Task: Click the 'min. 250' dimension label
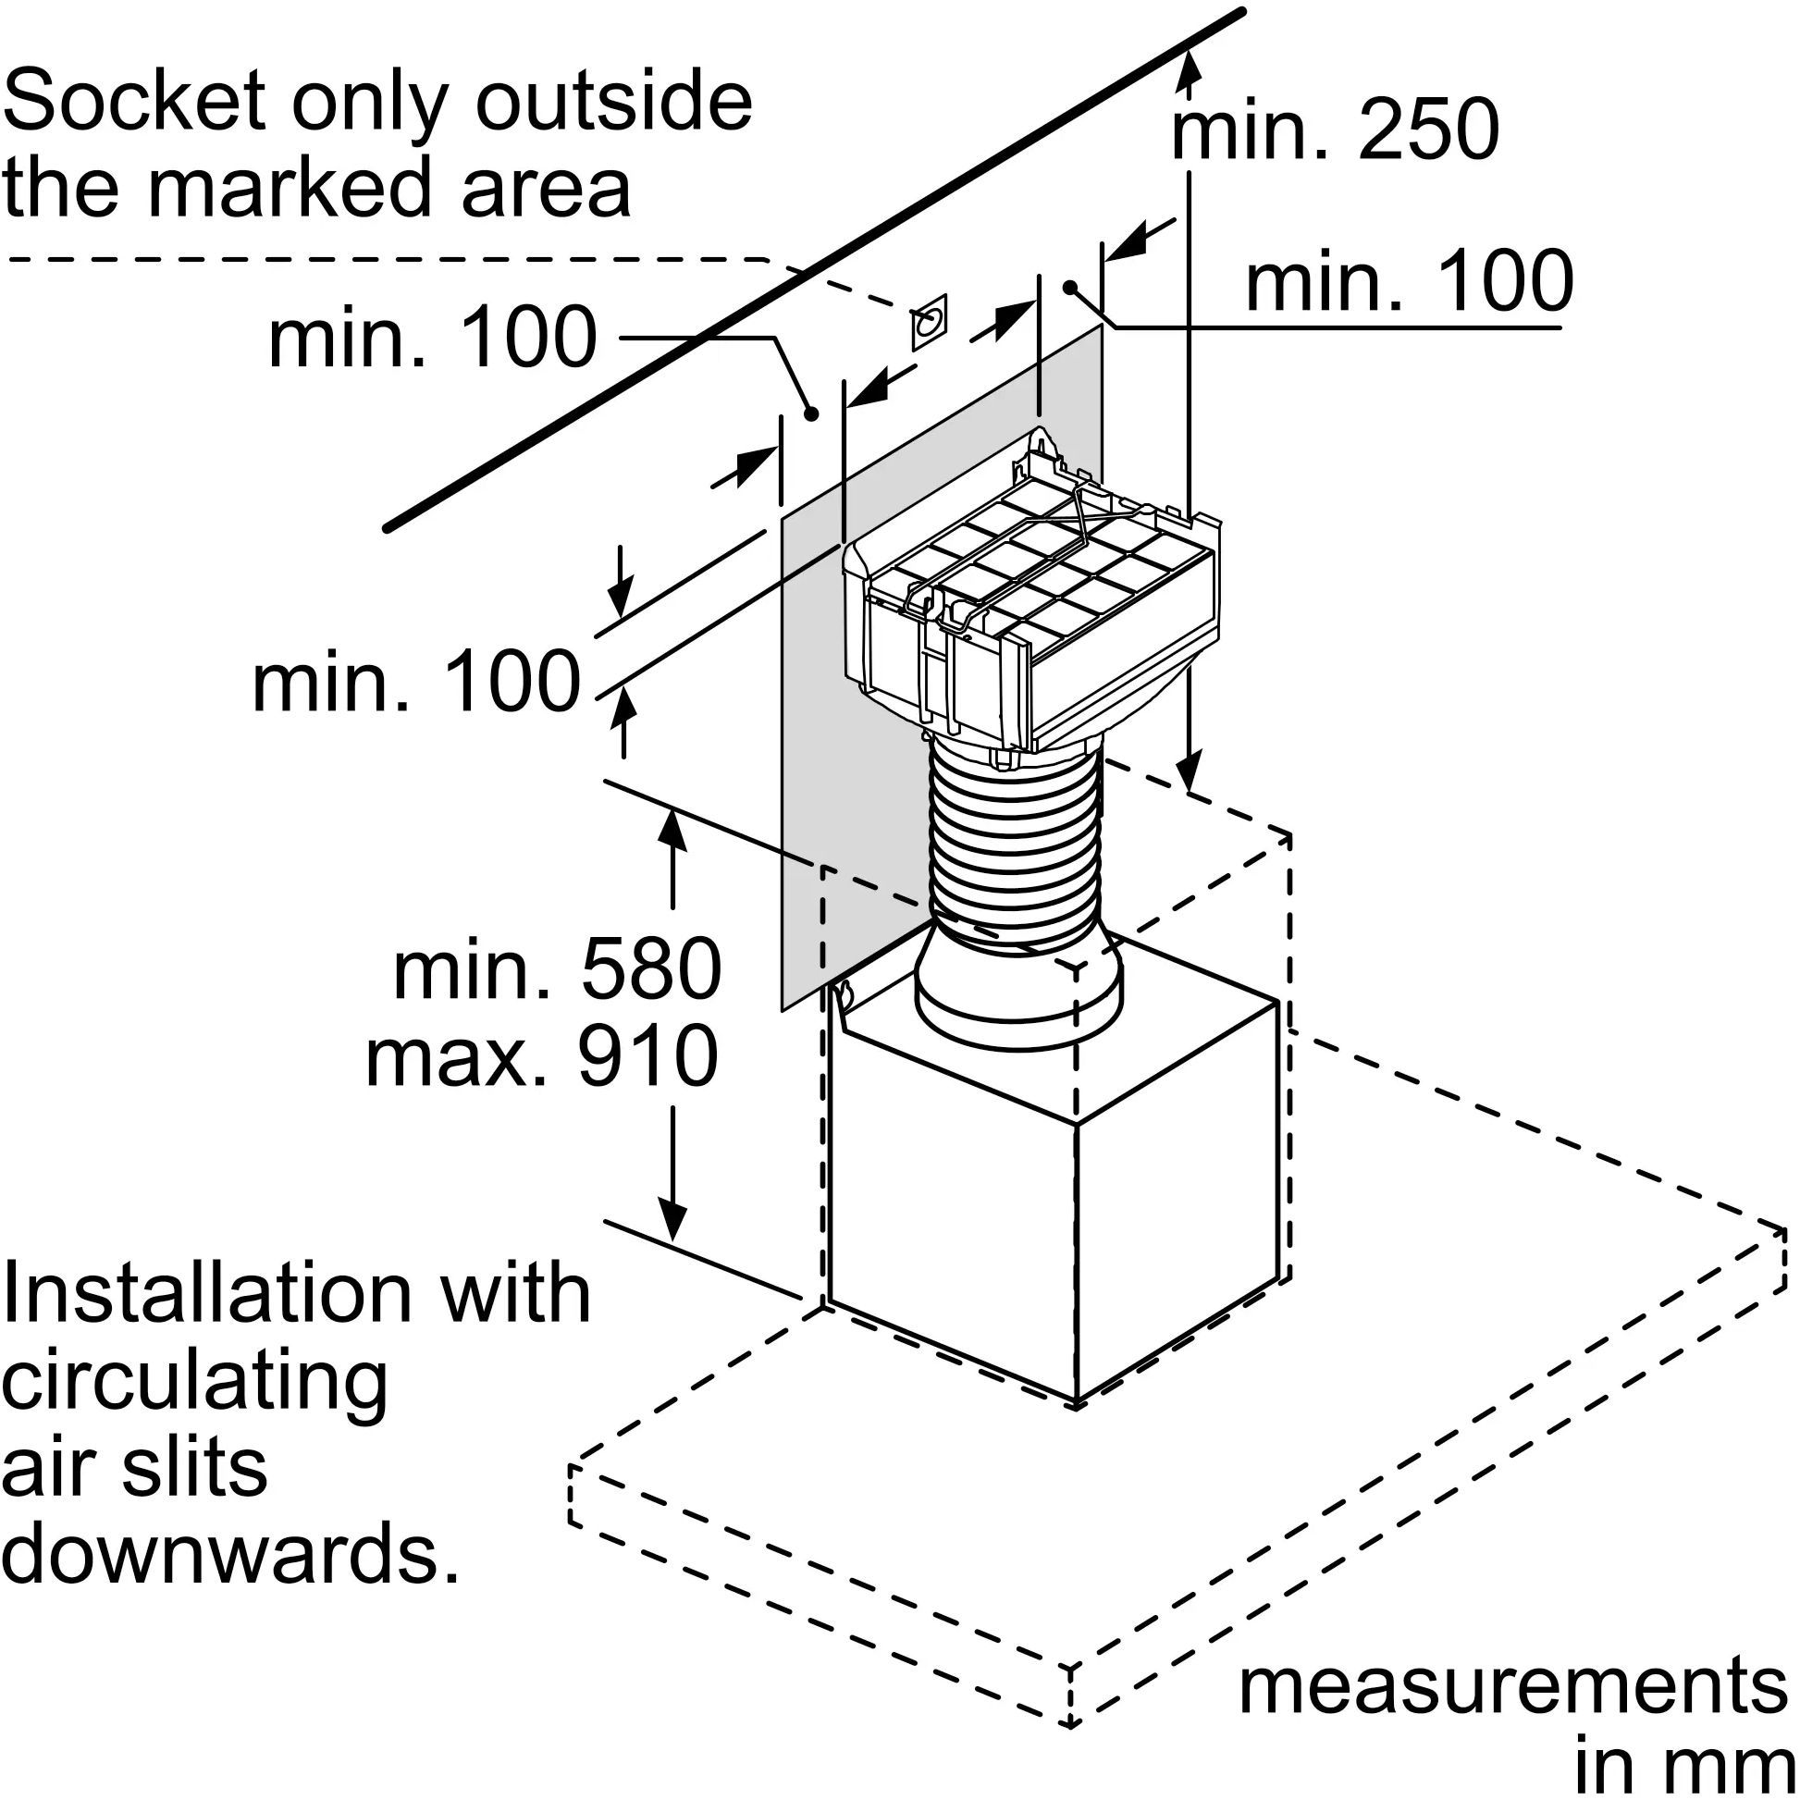point(1334,130)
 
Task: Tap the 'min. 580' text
point(556,969)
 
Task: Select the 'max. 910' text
point(542,1055)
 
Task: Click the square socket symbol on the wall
point(929,323)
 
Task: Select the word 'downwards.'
point(231,1554)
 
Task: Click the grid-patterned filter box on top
point(1034,597)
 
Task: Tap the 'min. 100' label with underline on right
point(1409,281)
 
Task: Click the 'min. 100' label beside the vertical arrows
point(416,684)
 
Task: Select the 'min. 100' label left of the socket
point(432,338)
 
